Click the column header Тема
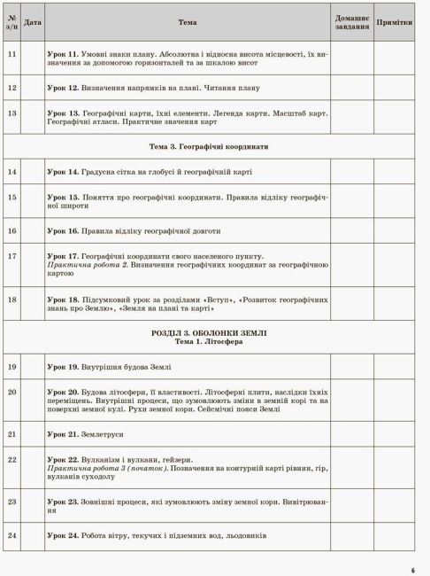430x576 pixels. pos(187,21)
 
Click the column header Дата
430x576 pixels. pos(32,21)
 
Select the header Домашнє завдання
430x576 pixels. pos(352,21)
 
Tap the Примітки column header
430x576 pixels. pos(394,21)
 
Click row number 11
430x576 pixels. pos(12,54)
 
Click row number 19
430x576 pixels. pos(12,366)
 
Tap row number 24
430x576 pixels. pos(12,535)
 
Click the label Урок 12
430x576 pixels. pos(63,89)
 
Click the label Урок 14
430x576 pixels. pos(63,171)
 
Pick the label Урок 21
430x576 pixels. pos(63,434)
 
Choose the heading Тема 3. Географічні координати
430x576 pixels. pos(209,146)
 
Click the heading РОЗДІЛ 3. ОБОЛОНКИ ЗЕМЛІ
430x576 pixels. pos(209,332)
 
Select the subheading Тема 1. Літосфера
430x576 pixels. pos(209,341)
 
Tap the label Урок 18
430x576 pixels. pos(63,300)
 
